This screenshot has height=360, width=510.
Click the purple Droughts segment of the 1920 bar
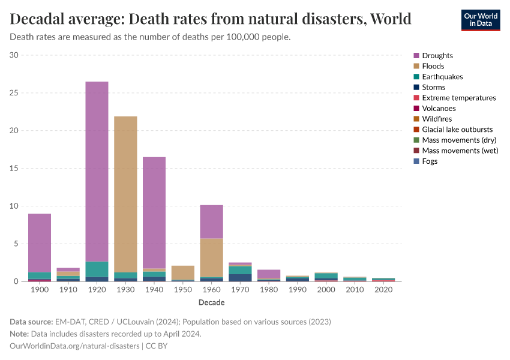click(97, 171)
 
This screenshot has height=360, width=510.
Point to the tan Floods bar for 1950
click(183, 272)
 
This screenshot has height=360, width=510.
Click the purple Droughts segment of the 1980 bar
click(269, 274)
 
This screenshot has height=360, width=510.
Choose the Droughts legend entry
click(437, 56)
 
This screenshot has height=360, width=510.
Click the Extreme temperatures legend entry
click(458, 98)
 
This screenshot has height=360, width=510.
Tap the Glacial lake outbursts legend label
click(457, 130)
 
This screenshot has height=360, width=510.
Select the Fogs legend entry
click(430, 161)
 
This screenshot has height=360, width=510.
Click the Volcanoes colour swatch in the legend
click(416, 109)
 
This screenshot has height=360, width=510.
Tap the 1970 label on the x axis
click(240, 290)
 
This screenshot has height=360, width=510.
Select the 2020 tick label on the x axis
click(383, 290)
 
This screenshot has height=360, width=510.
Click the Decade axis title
click(211, 302)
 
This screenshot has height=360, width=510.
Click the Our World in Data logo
click(480, 19)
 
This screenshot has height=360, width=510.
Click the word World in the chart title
click(391, 19)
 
